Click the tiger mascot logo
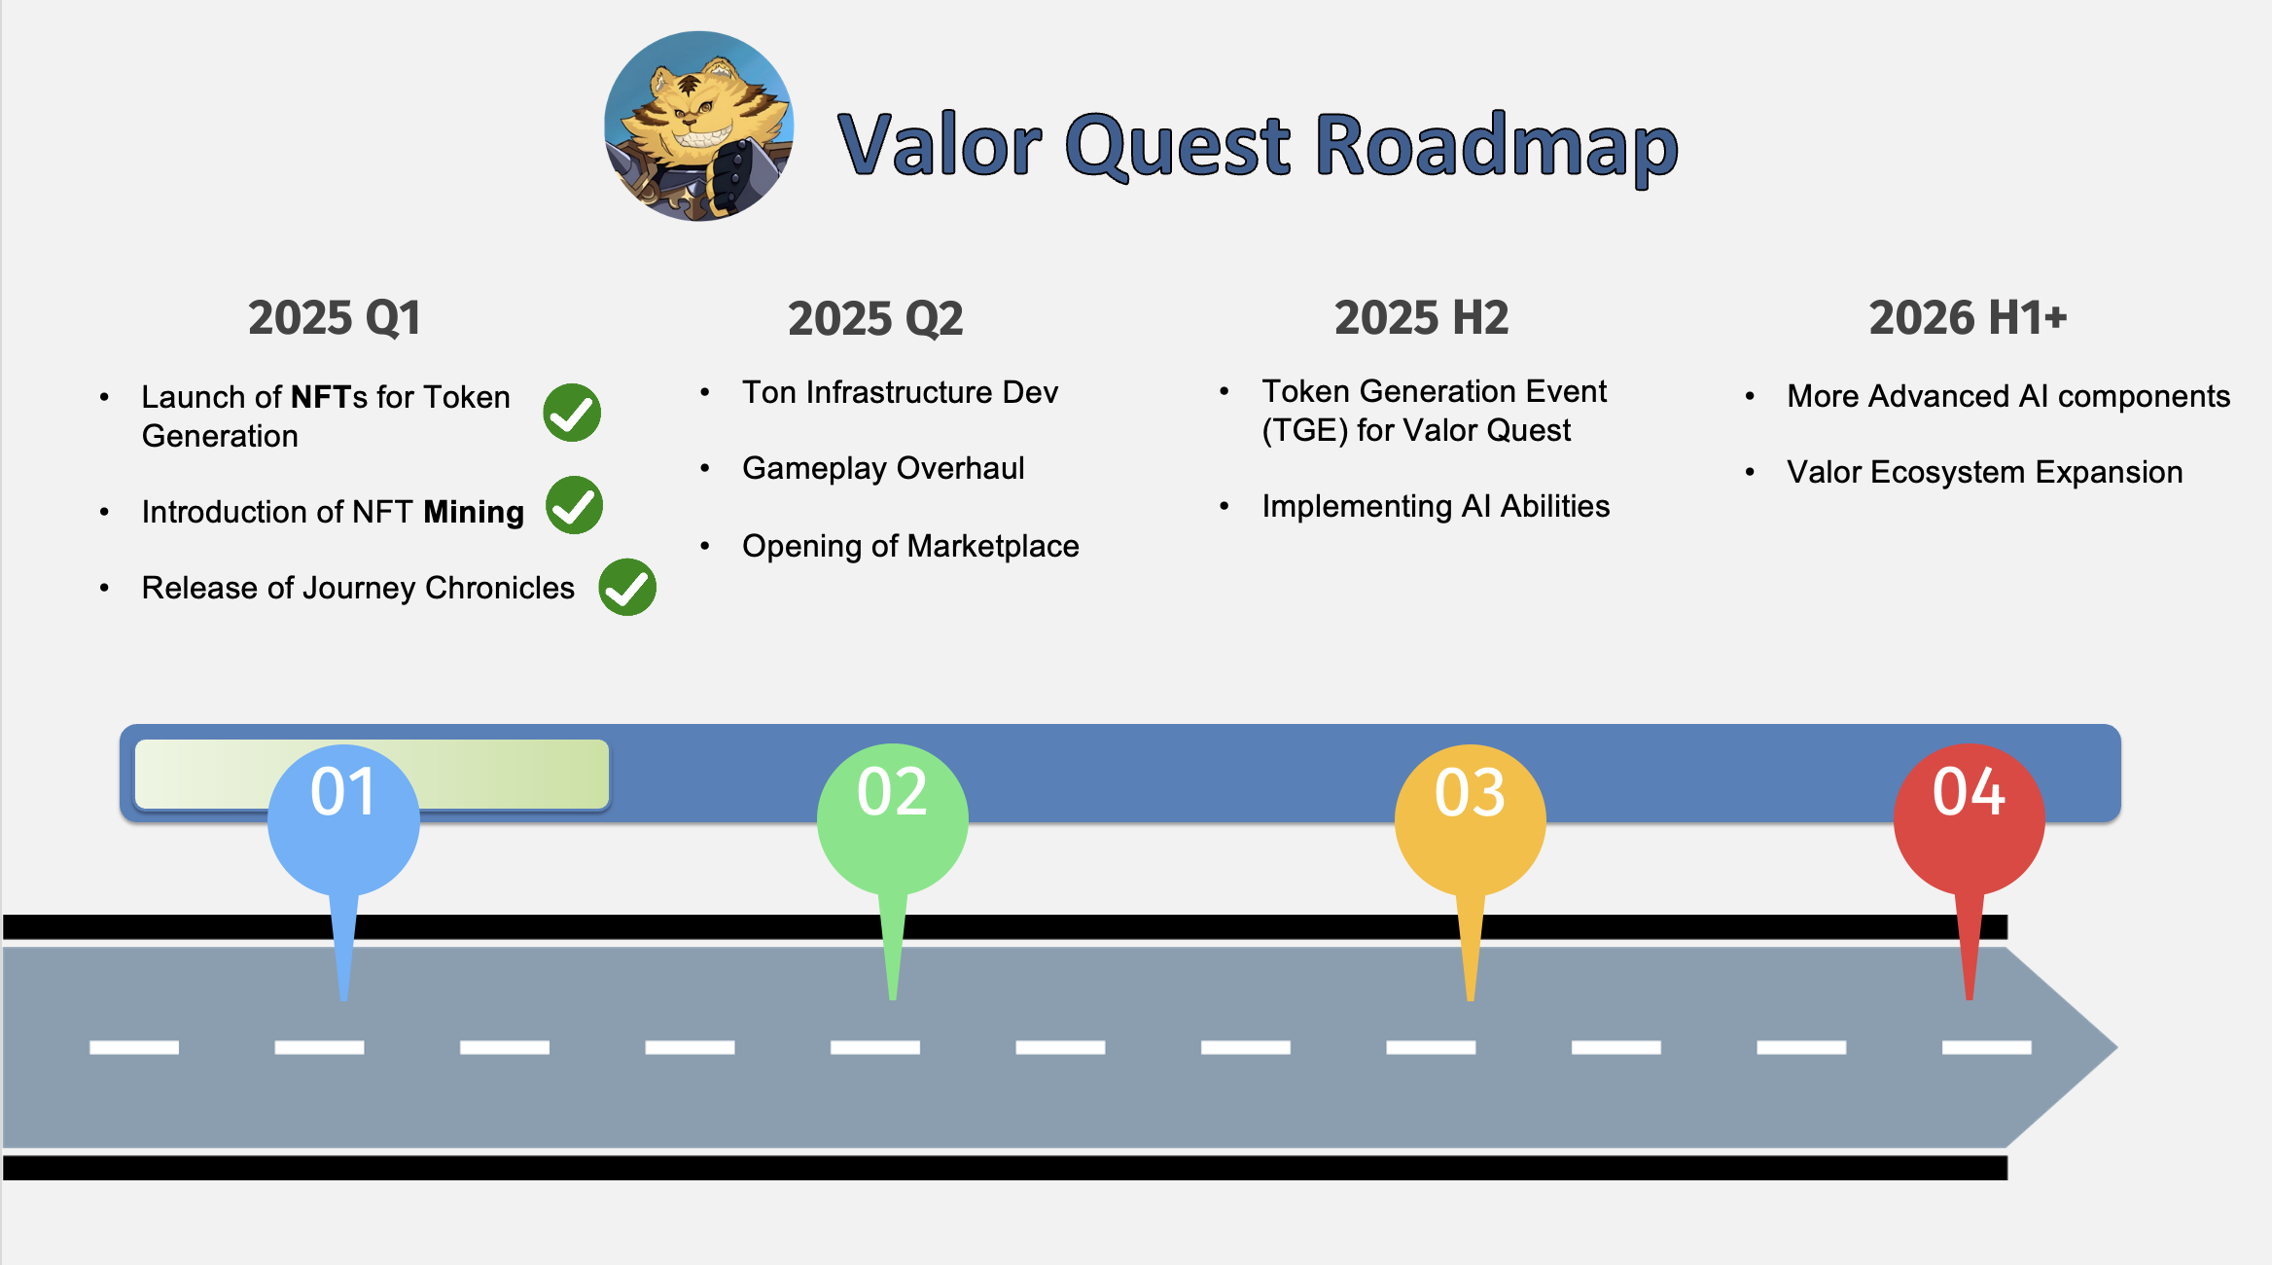pos(698,126)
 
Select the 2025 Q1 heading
pos(334,318)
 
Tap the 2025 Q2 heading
pos(875,319)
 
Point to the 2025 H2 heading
pos(1421,318)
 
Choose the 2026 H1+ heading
pos(1968,318)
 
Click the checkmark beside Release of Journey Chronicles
pos(627,588)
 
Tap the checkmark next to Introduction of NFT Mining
pos(574,506)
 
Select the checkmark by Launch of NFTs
pos(572,413)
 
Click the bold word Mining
pos(474,512)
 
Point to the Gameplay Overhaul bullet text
pos(883,468)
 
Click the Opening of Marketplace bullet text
pos(910,546)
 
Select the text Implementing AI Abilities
pos(1436,506)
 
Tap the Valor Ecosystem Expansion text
pos(1984,472)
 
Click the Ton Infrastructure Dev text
pos(900,392)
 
